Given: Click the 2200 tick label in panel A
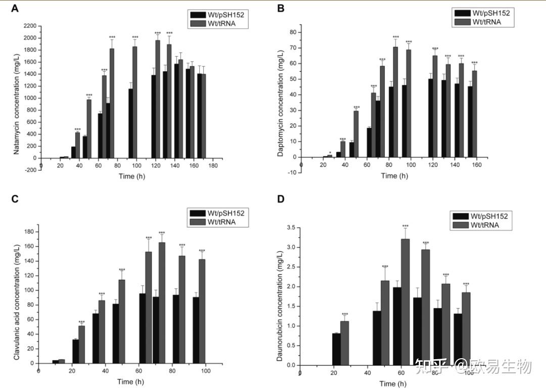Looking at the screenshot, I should [x=29, y=26].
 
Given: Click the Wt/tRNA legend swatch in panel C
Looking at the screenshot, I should [x=196, y=221].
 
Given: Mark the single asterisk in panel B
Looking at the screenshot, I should [x=330, y=153].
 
